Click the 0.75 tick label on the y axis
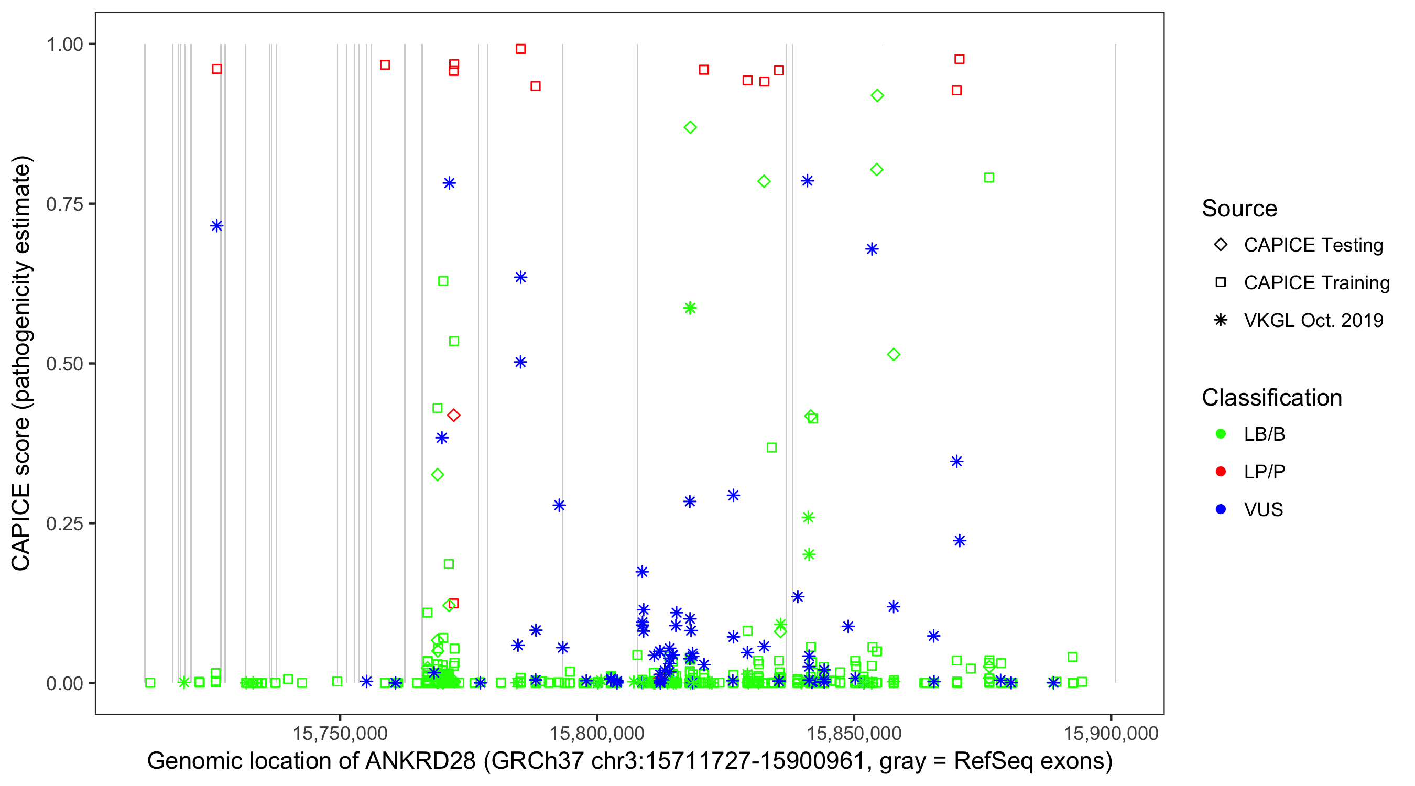tap(64, 204)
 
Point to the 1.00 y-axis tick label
tap(64, 44)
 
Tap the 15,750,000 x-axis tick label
tap(340, 733)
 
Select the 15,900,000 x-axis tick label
tap(1111, 733)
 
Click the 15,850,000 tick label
tap(854, 733)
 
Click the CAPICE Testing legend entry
tap(1313, 245)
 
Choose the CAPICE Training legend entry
tap(1316, 283)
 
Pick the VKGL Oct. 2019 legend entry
tap(1313, 320)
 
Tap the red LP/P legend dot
tap(1221, 472)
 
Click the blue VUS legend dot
tap(1221, 510)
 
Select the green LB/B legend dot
tap(1221, 434)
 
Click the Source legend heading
tap(1239, 209)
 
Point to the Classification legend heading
tap(1271, 398)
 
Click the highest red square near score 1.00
tap(520, 49)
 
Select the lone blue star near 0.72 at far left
tap(216, 226)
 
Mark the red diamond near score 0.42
tap(453, 415)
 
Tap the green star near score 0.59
tap(690, 308)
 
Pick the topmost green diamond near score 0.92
tap(877, 95)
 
